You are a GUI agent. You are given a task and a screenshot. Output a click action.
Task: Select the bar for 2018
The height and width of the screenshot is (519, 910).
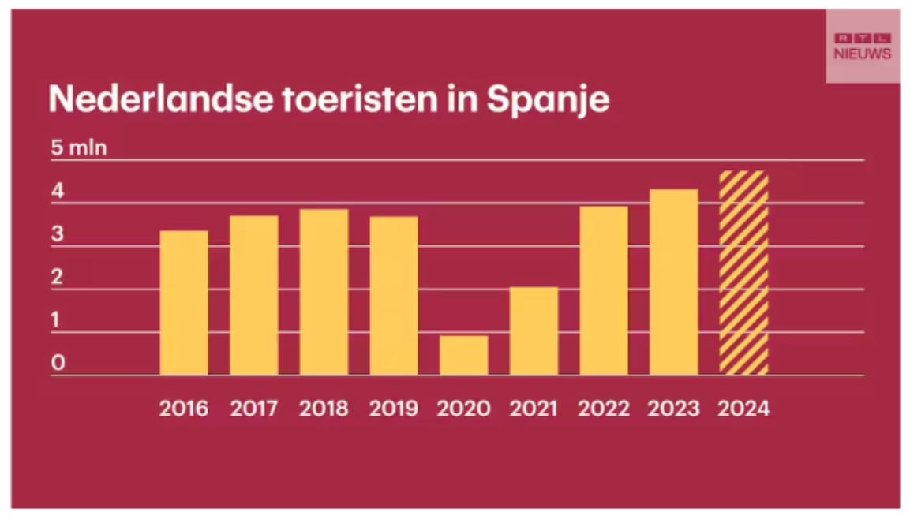coord(324,292)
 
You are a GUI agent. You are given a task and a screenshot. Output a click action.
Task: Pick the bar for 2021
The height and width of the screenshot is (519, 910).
coord(534,330)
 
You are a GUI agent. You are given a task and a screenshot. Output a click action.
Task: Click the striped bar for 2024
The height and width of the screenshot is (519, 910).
coord(743,273)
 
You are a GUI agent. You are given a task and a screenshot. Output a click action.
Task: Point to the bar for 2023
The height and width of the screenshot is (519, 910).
coord(673,282)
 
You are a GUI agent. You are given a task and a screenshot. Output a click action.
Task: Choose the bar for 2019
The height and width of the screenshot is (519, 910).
coord(394,295)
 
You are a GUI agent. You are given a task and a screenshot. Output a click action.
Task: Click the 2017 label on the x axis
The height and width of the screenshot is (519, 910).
coord(254,409)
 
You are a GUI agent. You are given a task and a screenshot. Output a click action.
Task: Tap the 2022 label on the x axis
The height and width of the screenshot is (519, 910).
coord(604,409)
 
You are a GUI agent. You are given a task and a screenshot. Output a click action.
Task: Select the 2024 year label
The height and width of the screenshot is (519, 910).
coord(743,409)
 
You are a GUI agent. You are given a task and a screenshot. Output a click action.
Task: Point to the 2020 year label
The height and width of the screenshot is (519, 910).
coord(463,409)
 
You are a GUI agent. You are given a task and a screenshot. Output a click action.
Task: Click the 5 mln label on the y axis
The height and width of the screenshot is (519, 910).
coord(79,148)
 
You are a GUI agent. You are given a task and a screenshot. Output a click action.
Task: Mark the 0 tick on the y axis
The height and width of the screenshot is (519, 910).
coord(58,364)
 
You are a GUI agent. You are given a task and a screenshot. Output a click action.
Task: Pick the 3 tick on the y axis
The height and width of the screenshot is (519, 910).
coord(58,235)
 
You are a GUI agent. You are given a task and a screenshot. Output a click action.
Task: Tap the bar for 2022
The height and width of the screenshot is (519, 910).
coord(604,290)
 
